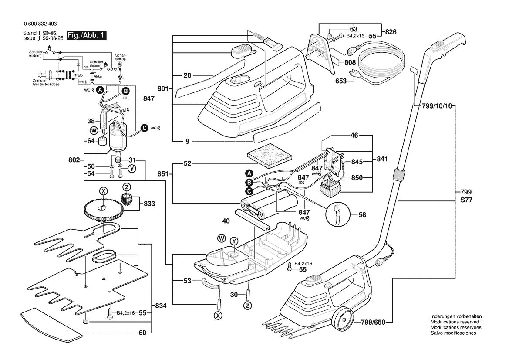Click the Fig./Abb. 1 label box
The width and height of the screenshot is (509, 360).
[x=86, y=35]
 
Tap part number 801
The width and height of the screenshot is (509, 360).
[x=162, y=89]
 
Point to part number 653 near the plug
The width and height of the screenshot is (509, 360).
[x=341, y=81]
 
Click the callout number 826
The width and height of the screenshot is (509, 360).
[x=391, y=32]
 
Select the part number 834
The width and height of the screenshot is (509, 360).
[x=161, y=306]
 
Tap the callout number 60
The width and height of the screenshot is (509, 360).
[x=142, y=333]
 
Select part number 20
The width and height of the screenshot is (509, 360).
[x=187, y=75]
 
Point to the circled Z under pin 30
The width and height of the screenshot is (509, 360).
[x=248, y=306]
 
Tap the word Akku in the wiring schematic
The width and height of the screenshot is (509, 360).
[x=98, y=76]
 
